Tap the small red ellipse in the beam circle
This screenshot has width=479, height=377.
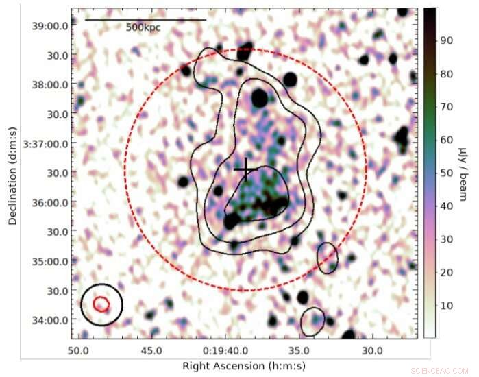pos(101,304)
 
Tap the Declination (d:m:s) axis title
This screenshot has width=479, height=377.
pos(12,174)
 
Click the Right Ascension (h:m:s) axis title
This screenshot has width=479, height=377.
pos(234,365)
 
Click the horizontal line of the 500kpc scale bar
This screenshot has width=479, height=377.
pos(145,20)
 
